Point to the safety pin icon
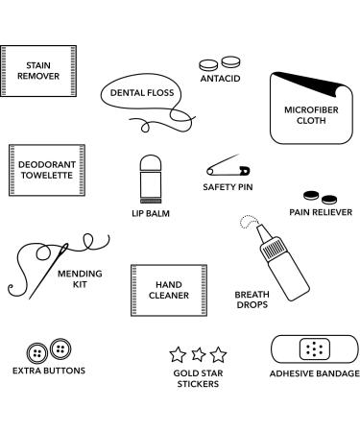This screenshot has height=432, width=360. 227,169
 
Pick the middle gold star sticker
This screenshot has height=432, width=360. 197,354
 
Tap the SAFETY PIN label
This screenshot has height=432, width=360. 228,187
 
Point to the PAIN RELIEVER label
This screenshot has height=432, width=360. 321,212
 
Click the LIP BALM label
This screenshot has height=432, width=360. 150,213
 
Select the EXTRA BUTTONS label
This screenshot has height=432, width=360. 49,370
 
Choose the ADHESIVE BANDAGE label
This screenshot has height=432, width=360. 314,373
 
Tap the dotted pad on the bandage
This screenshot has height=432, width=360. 313,349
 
